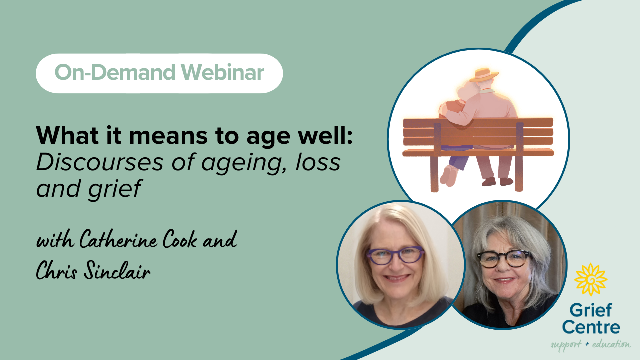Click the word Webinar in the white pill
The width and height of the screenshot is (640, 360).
pyautogui.click(x=222, y=72)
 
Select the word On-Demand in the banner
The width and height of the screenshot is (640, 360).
pyautogui.click(x=115, y=72)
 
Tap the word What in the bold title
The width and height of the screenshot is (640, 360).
pyautogui.click(x=67, y=135)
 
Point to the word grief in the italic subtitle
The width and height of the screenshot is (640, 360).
pyautogui.click(x=115, y=189)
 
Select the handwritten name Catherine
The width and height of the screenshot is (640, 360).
pyautogui.click(x=118, y=239)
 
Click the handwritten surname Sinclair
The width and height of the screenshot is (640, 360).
pyautogui.click(x=117, y=270)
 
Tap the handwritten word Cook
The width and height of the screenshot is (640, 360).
pyautogui.click(x=180, y=239)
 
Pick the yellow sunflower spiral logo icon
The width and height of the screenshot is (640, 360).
pyautogui.click(x=591, y=279)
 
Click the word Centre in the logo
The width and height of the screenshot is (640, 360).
pyautogui.click(x=591, y=327)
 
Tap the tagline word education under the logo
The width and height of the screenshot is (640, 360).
pyautogui.click(x=611, y=344)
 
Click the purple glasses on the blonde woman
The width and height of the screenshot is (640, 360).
pyautogui.click(x=395, y=255)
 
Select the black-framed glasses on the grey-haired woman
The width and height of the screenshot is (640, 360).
pyautogui.click(x=504, y=259)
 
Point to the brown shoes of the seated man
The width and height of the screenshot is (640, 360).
pyautogui.click(x=497, y=181)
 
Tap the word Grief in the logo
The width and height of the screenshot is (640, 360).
pyautogui.click(x=591, y=310)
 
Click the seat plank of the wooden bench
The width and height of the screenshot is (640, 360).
pyautogui.click(x=478, y=152)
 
